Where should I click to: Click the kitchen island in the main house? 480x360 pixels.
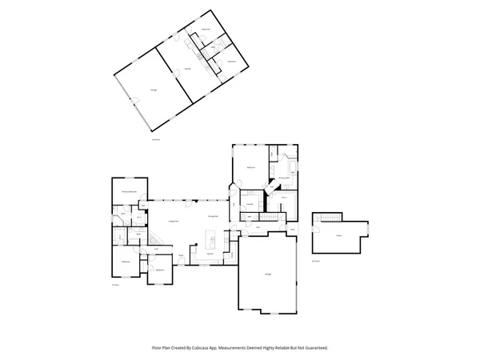point(211,239)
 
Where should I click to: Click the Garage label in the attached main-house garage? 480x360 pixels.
point(268,274)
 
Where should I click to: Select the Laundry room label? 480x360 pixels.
point(250,205)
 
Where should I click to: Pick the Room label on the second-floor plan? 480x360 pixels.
point(339,236)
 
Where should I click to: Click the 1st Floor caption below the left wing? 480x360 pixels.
point(115,285)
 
